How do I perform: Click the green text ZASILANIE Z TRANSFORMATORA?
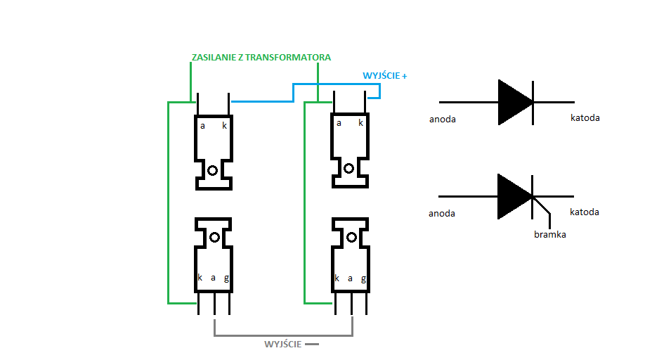pos(261,58)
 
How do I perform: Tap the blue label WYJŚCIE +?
pos(384,75)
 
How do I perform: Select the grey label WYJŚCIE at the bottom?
pos(282,345)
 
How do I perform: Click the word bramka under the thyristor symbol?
pos(549,234)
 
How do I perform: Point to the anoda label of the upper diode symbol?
pos(443,120)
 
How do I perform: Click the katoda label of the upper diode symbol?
pos(585,118)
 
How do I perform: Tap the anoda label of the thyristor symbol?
pos(442,214)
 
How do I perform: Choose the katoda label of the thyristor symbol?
pos(585,212)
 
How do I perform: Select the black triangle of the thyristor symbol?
pos(512,196)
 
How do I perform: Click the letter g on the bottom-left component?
pos(227,278)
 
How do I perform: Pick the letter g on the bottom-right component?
pos(363,278)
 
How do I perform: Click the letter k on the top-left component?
pos(225,125)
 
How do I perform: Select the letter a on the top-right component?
pos(339,123)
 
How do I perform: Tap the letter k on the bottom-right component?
pos(337,278)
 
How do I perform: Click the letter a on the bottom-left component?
pos(214,278)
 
